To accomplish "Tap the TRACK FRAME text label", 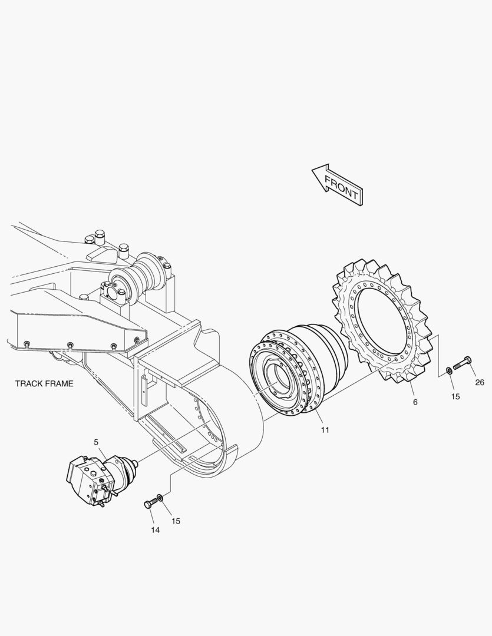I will (x=44, y=383).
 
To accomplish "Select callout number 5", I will (x=96, y=442).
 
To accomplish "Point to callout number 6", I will (x=415, y=402).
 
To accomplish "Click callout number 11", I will (x=325, y=430).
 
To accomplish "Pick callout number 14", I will (x=155, y=530).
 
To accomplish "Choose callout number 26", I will (x=480, y=382).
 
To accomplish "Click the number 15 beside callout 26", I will (x=455, y=397).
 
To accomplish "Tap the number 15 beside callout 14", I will (x=176, y=521).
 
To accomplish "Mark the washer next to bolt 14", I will (x=161, y=498).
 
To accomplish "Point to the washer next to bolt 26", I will (x=450, y=370).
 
